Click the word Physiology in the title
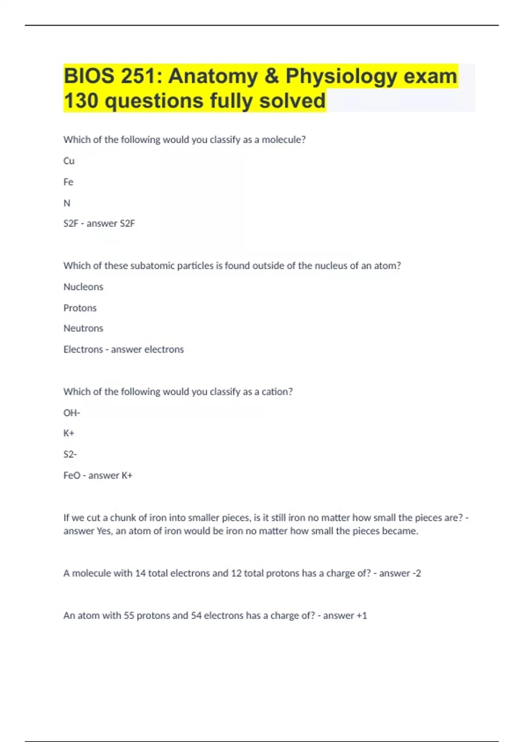pyautogui.click(x=341, y=76)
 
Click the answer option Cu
pyautogui.click(x=69, y=161)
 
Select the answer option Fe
pyautogui.click(x=69, y=182)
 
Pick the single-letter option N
pyautogui.click(x=67, y=203)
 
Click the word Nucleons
pyautogui.click(x=83, y=287)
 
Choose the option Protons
pyautogui.click(x=80, y=308)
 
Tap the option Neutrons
pyautogui.click(x=83, y=328)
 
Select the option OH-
pyautogui.click(x=72, y=412)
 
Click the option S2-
pyautogui.click(x=70, y=454)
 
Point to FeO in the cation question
pyautogui.click(x=72, y=475)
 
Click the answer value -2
pyautogui.click(x=417, y=573)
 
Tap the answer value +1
pyautogui.click(x=362, y=615)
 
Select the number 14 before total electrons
pyautogui.click(x=140, y=573)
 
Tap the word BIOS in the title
pyautogui.click(x=89, y=76)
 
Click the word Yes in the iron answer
pyautogui.click(x=103, y=531)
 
